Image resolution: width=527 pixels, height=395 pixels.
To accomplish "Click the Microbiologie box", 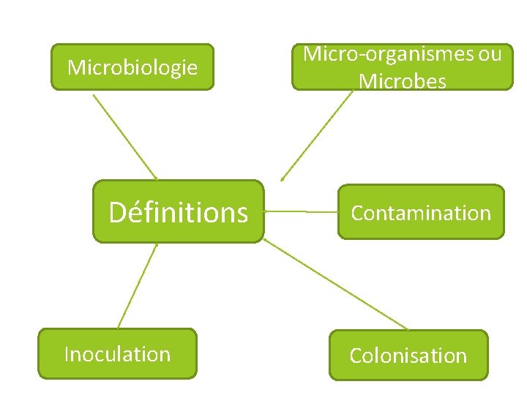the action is [132, 67].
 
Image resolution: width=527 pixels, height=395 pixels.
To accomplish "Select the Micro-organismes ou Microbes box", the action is [403, 67].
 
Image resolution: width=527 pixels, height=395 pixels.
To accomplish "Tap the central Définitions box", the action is [178, 212].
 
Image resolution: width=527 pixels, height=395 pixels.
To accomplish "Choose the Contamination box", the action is [421, 212].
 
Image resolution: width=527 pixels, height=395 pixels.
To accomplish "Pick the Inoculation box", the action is [117, 354].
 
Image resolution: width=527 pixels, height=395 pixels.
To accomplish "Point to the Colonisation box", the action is [408, 355].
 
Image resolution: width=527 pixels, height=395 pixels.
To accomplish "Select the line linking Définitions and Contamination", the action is [300, 211].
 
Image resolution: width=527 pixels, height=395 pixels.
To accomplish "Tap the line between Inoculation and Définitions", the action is [138, 285].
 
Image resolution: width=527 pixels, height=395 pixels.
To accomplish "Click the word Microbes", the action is [403, 81].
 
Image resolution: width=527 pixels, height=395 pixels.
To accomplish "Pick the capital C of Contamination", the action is [358, 214].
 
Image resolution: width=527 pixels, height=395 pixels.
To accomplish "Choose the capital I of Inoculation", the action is [67, 354].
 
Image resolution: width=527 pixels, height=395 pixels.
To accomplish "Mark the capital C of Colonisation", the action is [356, 356].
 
